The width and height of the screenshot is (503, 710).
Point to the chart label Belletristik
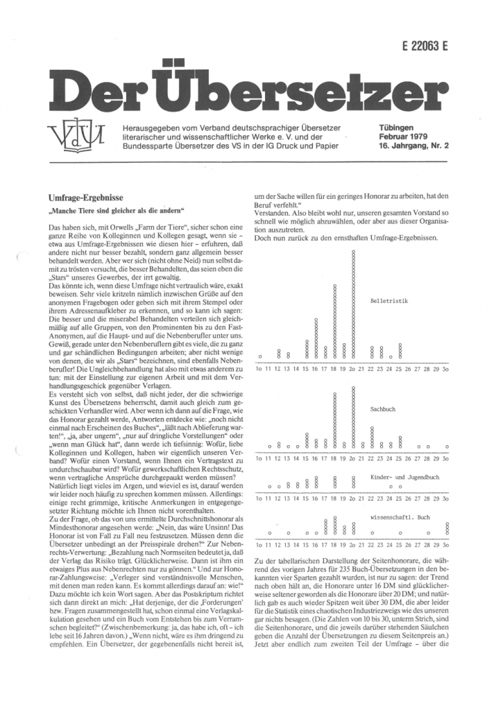[x=389, y=302]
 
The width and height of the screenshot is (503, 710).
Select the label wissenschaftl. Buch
[x=402, y=517]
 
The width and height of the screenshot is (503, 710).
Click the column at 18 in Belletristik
[x=334, y=322]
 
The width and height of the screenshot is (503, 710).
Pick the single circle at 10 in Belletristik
[x=259, y=356]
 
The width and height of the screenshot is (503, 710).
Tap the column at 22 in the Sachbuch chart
[x=372, y=442]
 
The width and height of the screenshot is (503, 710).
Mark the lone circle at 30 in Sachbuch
[x=446, y=446]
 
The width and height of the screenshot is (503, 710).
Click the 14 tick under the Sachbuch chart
[x=297, y=458]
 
